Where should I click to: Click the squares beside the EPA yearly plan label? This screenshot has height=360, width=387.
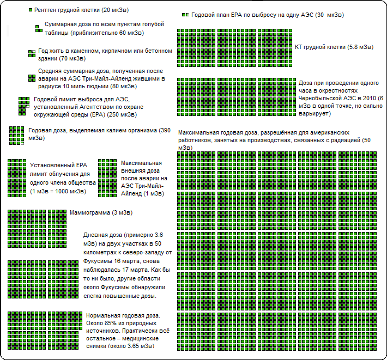pyautogui.click(x=185, y=15)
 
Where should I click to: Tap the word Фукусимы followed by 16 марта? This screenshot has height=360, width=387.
pyautogui.click(x=99, y=260)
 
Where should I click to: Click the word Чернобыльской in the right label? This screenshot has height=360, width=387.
pyautogui.click(x=323, y=99)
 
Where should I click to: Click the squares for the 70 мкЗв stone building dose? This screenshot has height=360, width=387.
pyautogui.click(x=31, y=52)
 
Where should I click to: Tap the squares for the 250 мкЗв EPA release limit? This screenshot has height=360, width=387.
pyautogui.click(x=23, y=105)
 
